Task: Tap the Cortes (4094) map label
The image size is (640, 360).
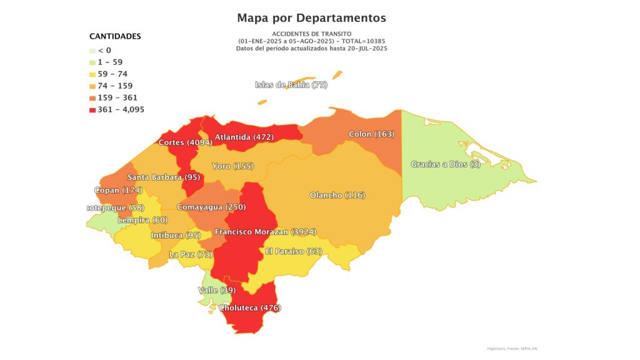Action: pos(186,142)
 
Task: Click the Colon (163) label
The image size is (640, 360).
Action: pos(371,134)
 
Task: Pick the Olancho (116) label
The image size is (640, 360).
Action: pos(337,195)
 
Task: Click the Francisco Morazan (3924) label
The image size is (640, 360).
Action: pos(265,232)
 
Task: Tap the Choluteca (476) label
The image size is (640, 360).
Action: pos(249,307)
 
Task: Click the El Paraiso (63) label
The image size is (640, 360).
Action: pos(293,251)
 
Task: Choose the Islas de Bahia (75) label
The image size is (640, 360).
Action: pos(291,85)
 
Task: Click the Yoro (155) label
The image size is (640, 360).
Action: pos(232,166)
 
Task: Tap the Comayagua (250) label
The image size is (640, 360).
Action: pos(211,207)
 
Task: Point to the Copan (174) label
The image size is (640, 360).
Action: pos(119,190)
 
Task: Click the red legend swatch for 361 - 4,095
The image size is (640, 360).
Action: pos(92,110)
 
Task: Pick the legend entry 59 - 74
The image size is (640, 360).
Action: pos(112,74)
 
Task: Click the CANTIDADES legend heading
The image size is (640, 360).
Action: pos(115,36)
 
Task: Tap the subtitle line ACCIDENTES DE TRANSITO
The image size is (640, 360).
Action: pos(311,33)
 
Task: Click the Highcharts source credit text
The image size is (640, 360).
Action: pos(511,348)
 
